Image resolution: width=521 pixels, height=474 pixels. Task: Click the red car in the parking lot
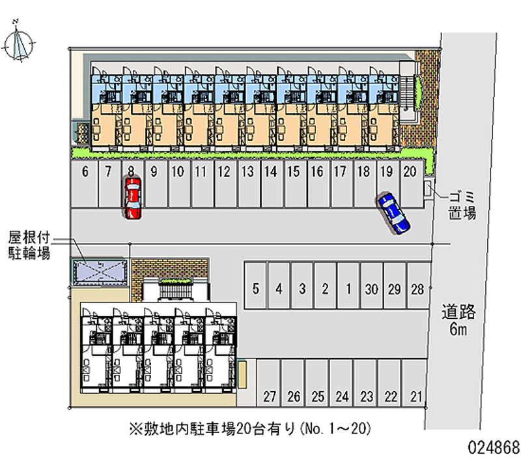tap(132, 198)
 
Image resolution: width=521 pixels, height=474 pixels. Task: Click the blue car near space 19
tap(393, 212)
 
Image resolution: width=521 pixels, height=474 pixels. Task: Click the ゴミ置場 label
tap(462, 204)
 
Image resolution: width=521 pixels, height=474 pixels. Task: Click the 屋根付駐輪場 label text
tap(29, 244)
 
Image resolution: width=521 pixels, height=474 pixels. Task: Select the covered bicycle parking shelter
tap(98, 270)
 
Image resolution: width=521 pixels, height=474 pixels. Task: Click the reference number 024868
tap(492, 449)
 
